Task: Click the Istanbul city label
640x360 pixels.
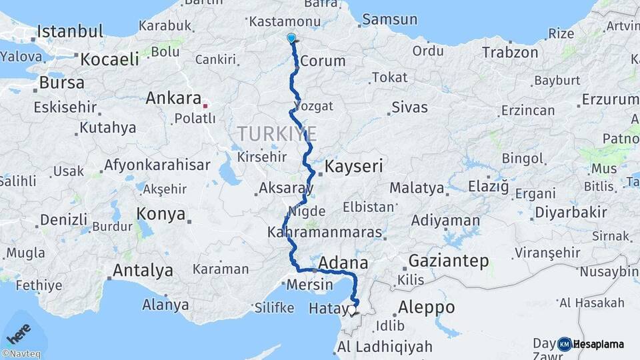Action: pyautogui.click(x=70, y=31)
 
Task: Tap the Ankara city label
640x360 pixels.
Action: pyautogui.click(x=173, y=99)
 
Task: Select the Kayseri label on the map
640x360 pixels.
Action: pyautogui.click(x=355, y=166)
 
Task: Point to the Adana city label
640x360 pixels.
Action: pyautogui.click(x=343, y=262)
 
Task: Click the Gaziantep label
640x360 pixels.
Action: pyautogui.click(x=448, y=261)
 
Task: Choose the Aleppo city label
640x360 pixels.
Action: pyautogui.click(x=427, y=307)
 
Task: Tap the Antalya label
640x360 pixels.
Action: pyautogui.click(x=143, y=271)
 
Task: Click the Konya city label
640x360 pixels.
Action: pyautogui.click(x=161, y=214)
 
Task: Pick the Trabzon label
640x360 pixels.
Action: pyautogui.click(x=510, y=52)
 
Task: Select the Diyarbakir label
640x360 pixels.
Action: pyautogui.click(x=570, y=213)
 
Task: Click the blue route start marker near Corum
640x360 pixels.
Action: pyautogui.click(x=291, y=38)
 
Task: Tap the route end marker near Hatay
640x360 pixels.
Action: pyautogui.click(x=352, y=309)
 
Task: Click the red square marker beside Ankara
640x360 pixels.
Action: pyautogui.click(x=205, y=105)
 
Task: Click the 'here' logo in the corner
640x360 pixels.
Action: pyautogui.click(x=19, y=331)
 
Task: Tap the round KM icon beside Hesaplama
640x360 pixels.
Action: pyautogui.click(x=565, y=344)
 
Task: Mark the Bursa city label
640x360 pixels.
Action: pyautogui.click(x=62, y=83)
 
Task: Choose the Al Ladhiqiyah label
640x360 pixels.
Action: pyautogui.click(x=385, y=347)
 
